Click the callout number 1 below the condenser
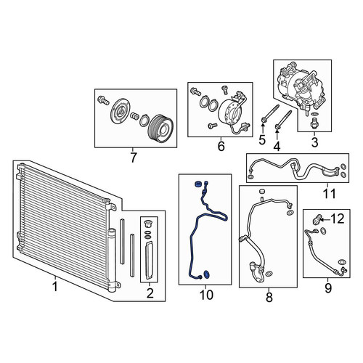coord(55,287)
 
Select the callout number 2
coord(150,293)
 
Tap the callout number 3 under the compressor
coord(314,142)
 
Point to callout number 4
coord(277,146)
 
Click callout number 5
coord(262,140)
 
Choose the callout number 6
coord(221,146)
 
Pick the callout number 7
coord(133,158)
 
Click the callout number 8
coord(269,297)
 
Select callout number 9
coord(328,288)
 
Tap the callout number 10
coord(206,295)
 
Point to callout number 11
coord(330,194)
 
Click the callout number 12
coord(338,219)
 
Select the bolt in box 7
coord(103,100)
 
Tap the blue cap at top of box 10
coord(198,184)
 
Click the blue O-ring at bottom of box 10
coord(207,274)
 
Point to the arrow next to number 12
coord(325,219)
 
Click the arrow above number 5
coord(262,128)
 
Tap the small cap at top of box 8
coord(262,192)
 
